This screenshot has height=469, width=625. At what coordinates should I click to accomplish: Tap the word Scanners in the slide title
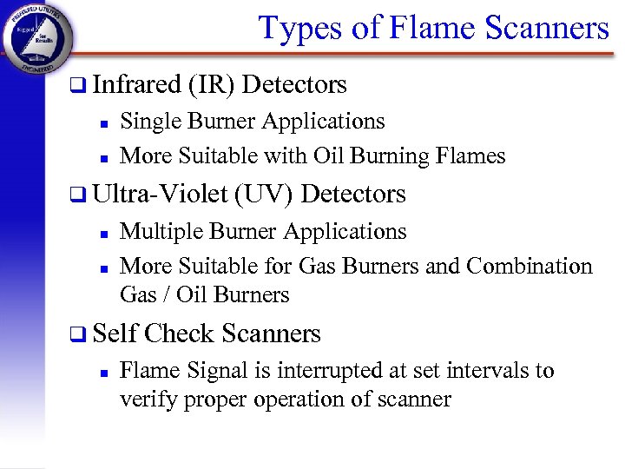point(548,28)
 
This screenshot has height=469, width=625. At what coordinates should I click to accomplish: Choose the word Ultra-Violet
point(161,194)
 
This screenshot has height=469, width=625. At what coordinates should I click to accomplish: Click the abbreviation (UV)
point(266,194)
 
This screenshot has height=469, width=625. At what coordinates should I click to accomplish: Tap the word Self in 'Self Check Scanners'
point(114,334)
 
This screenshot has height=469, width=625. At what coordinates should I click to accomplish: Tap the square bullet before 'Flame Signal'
point(102,372)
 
